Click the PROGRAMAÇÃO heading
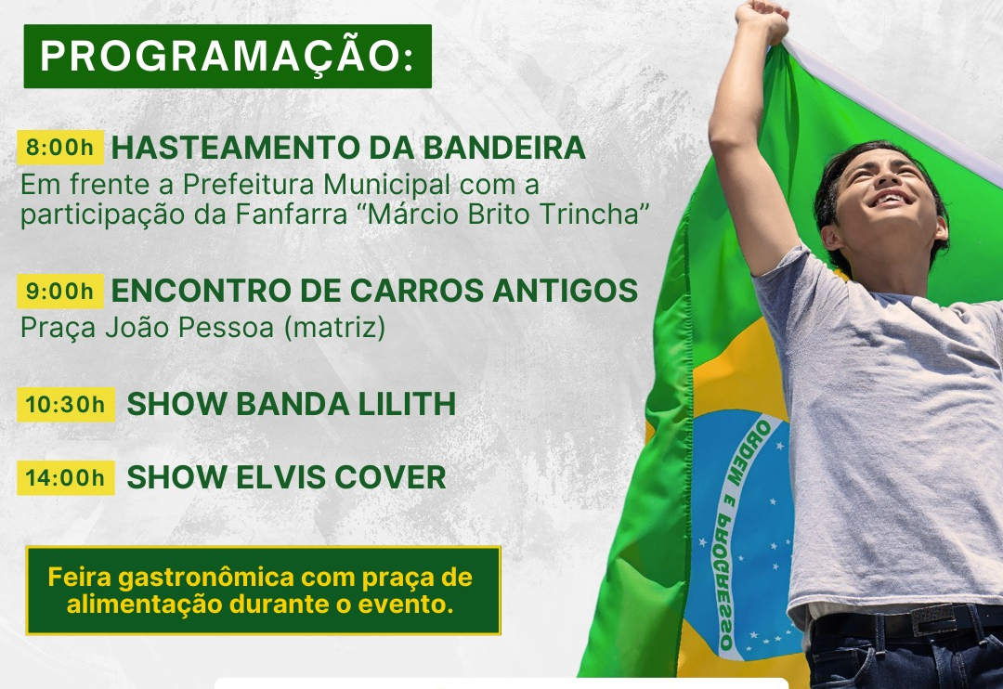(x=228, y=57)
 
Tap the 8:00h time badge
(x=60, y=147)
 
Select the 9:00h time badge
(x=60, y=291)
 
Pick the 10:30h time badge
(x=66, y=405)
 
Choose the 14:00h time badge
(x=66, y=478)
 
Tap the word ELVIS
(x=280, y=478)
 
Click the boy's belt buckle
(x=932, y=619)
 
